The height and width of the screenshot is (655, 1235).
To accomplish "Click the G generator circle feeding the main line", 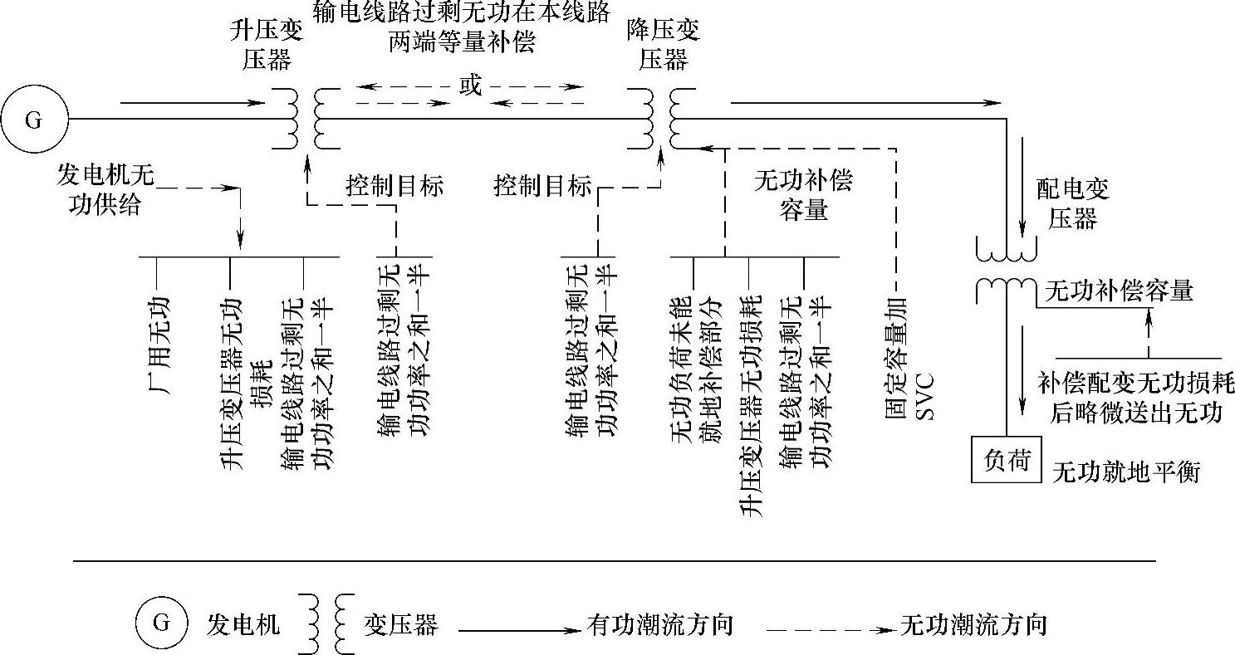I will pos(34,120).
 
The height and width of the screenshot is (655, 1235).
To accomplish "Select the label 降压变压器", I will pos(663,46).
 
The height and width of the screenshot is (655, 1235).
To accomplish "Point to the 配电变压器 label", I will pos(1072,204).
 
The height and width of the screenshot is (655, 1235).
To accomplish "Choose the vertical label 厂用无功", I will pos(157,332).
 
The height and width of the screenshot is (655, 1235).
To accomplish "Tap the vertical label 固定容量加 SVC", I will pos(909,356).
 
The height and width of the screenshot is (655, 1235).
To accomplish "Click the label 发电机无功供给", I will pos(105,189).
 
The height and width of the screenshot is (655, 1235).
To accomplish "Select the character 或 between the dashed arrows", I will pos(470,86).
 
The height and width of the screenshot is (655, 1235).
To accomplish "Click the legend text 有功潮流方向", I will pos(660,624).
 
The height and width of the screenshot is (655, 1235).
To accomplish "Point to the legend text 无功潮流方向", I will pos(973,624).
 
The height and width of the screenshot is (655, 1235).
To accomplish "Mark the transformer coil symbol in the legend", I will pos(329,623).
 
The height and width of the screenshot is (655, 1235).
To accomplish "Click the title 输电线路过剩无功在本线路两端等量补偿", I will pos(462,27).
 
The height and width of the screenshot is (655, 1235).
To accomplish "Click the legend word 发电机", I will pos(243,624).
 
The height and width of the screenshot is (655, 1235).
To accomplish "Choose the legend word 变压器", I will pos(399,624).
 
